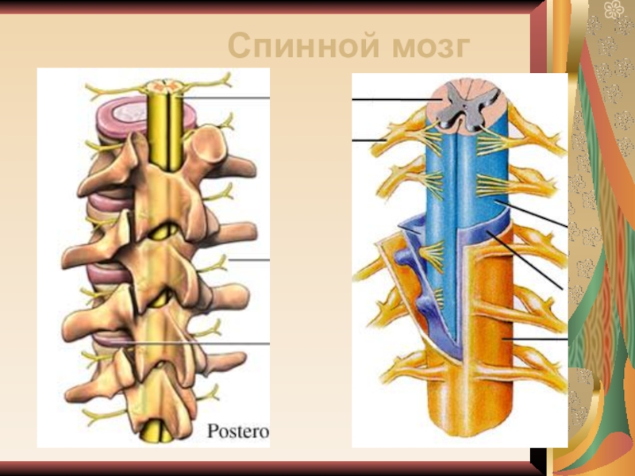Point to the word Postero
point(238,432)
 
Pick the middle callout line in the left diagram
point(250,259)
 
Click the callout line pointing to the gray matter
point(389,100)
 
